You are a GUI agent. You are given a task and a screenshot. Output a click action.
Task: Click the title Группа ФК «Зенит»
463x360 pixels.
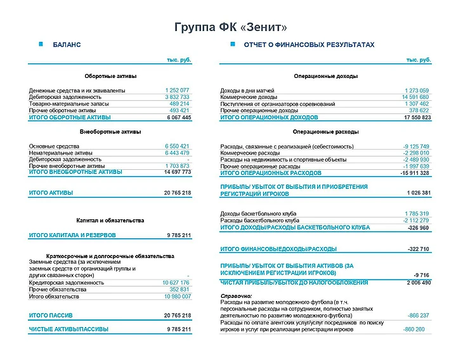[x=231, y=27]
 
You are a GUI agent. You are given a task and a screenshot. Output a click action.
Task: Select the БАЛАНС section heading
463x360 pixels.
[x=67, y=45]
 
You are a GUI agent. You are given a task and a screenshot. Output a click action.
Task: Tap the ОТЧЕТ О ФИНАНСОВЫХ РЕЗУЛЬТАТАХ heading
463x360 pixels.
[x=309, y=45]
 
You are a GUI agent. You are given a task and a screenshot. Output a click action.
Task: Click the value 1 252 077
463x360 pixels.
[x=177, y=91]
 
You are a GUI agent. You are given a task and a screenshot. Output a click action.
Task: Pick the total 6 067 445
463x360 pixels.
[x=178, y=118]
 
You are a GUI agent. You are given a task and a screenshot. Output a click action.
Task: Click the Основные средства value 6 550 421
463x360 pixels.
[x=177, y=146]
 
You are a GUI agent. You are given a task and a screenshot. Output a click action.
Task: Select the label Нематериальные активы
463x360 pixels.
[x=60, y=153]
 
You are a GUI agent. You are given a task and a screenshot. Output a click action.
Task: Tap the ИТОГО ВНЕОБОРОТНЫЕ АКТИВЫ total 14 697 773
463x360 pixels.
[x=177, y=172]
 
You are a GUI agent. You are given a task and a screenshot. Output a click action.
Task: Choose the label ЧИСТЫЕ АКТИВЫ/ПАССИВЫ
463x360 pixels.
[x=68, y=330]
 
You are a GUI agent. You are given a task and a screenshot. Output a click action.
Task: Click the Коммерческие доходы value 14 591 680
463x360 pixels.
[x=415, y=97]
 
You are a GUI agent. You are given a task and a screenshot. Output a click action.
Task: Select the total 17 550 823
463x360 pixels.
[x=417, y=118]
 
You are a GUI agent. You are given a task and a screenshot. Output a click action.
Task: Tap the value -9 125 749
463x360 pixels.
[x=416, y=146]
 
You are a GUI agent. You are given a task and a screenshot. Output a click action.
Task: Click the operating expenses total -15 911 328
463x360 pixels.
[x=415, y=173]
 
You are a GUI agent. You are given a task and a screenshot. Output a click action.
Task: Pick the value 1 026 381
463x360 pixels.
[x=419, y=193]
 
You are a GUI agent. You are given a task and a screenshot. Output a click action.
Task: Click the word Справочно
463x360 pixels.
[x=236, y=296]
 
